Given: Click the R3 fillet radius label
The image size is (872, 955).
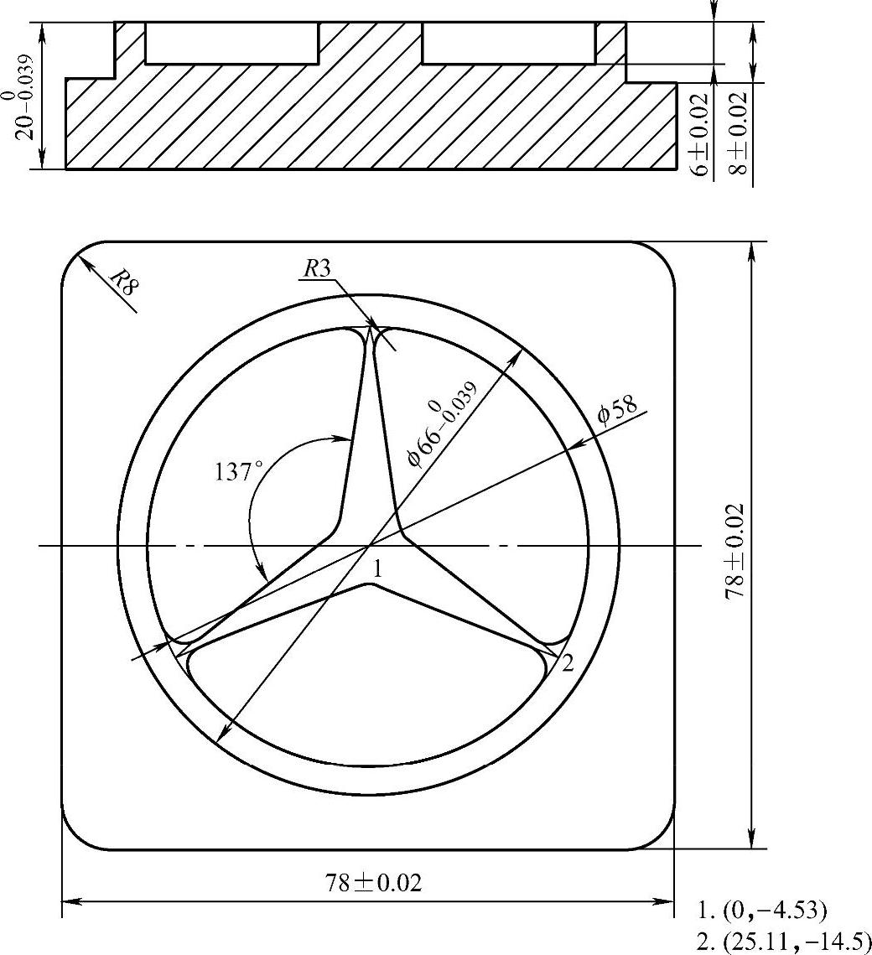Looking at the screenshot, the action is [317, 268].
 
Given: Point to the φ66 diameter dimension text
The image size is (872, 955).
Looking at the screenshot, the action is [442, 424].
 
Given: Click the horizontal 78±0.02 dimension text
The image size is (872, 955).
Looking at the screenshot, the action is [373, 883].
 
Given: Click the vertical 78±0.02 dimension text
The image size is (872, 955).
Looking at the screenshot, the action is [735, 551].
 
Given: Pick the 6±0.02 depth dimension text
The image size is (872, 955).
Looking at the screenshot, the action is [702, 134].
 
